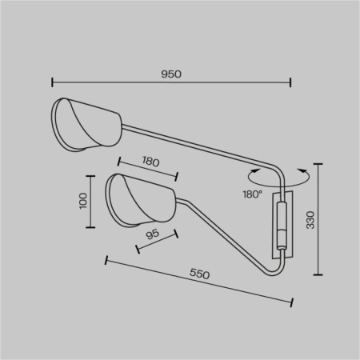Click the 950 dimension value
coord(171,74)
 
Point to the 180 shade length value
coord(150,161)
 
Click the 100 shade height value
coord(82,201)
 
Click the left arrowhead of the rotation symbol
coord(254,170)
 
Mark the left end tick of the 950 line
coord(52,81)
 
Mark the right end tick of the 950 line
coord(290,81)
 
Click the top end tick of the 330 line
coord(318,164)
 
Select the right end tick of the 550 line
coord(291,302)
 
